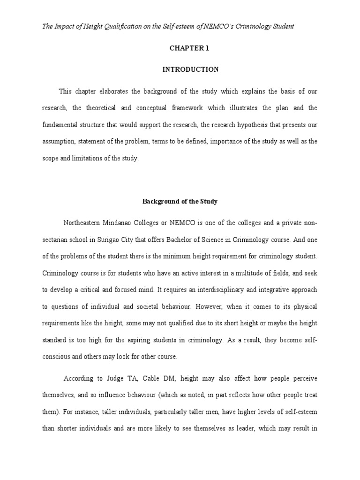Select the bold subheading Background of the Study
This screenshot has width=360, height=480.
(x=180, y=202)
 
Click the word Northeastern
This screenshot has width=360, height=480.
(x=85, y=222)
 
